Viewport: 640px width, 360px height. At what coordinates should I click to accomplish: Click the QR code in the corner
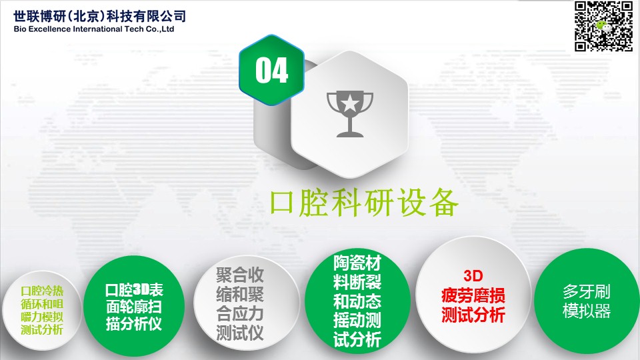[x=604, y=26]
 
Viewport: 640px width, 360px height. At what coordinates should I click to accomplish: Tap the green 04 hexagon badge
[x=271, y=70]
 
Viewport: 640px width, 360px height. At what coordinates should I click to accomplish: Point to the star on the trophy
[x=350, y=103]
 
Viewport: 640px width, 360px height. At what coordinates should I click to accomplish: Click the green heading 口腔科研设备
[x=364, y=202]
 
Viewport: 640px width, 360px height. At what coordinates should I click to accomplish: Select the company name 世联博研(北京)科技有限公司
[x=99, y=16]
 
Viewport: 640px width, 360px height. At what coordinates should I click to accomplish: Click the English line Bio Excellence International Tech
[x=79, y=29]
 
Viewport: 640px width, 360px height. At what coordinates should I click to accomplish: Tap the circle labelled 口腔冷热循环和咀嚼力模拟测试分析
[x=41, y=310]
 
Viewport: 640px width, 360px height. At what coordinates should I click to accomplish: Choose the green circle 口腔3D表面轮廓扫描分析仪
[x=134, y=307]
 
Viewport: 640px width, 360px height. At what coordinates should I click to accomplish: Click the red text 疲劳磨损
[x=473, y=295]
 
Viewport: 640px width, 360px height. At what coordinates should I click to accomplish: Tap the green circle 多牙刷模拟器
[x=587, y=301]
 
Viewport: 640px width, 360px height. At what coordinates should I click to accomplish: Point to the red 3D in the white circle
[x=473, y=276]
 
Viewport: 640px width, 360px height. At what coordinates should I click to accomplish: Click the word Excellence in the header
[x=49, y=29]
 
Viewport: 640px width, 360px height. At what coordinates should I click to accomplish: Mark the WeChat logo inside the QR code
[x=605, y=27]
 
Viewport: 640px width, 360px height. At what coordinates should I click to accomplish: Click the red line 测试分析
[x=473, y=315]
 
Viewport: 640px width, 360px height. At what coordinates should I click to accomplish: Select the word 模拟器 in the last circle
[x=587, y=311]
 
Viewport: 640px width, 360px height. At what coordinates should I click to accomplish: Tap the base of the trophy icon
[x=350, y=134]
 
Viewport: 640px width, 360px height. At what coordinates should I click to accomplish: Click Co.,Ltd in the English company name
[x=160, y=29]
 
